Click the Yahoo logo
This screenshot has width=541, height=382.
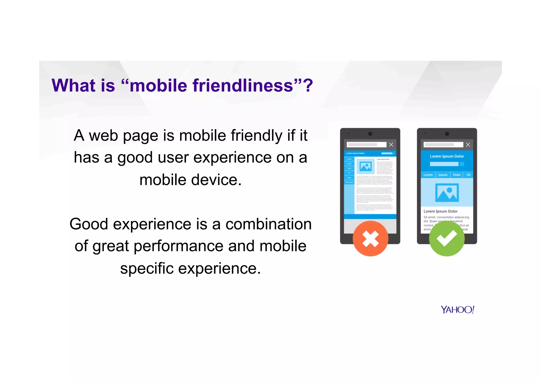458,309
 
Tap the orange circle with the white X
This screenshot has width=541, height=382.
370,238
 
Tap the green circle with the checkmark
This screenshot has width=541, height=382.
447,238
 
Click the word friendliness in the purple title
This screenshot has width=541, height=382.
242,86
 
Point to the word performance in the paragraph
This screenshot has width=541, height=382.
179,246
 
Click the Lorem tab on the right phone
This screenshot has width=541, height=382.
428,175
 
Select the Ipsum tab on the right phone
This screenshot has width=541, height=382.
443,175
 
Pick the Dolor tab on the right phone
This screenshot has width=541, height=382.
457,175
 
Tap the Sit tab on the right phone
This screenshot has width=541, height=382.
468,175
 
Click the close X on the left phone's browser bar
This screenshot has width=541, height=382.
391,145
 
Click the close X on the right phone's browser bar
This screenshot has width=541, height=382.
468,145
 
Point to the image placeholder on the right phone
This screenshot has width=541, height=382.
447,193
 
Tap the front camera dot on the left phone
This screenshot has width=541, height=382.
370,134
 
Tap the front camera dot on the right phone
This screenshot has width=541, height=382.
447,134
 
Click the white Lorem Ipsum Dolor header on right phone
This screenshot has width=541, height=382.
447,156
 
